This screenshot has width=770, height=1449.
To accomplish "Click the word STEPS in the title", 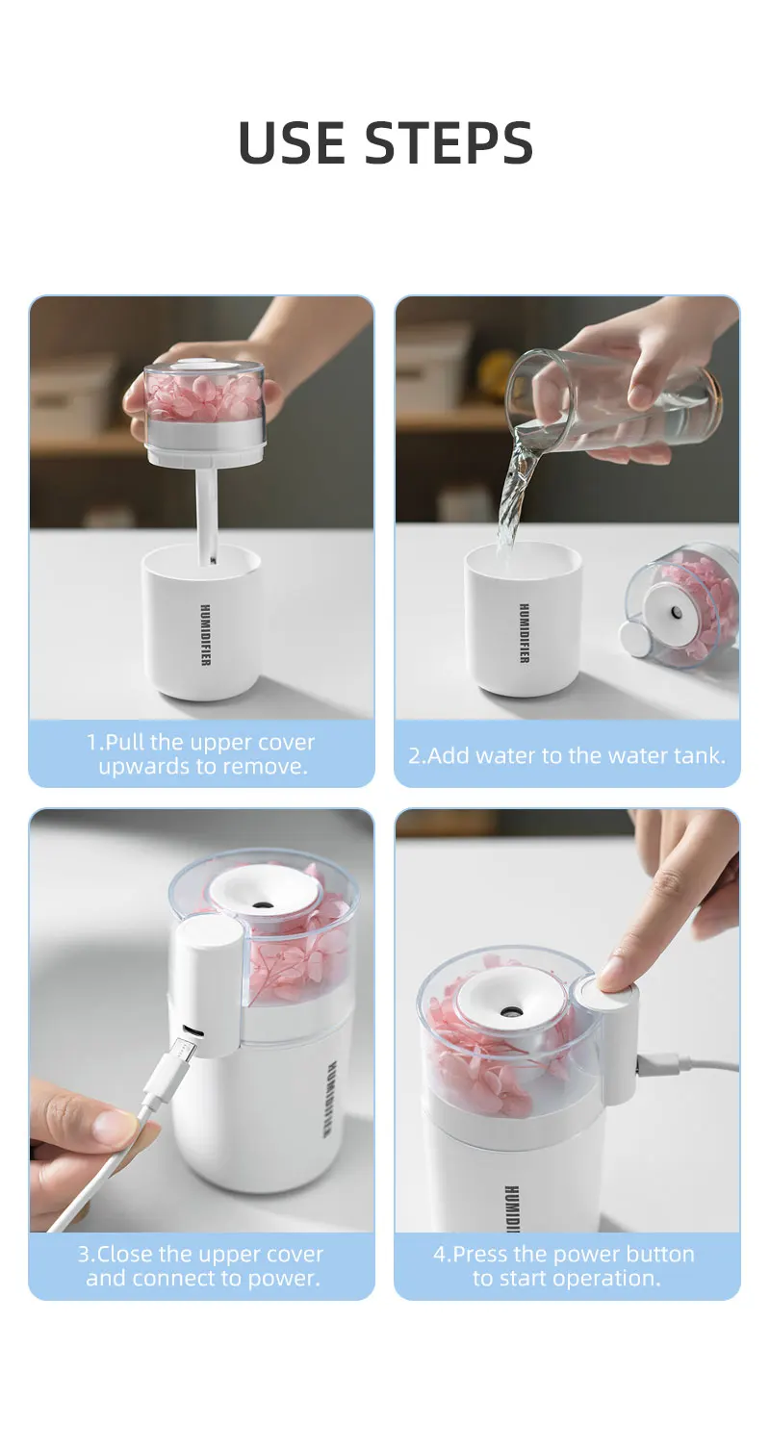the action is click(x=449, y=142).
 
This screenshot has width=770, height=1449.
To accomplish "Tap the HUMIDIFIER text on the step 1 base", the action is click(x=204, y=635).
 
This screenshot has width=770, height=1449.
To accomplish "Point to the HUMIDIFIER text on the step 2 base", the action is click(x=525, y=633).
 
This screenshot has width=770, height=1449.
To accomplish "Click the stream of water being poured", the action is click(x=515, y=492).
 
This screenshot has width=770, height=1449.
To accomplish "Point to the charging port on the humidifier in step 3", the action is click(x=192, y=1030).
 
